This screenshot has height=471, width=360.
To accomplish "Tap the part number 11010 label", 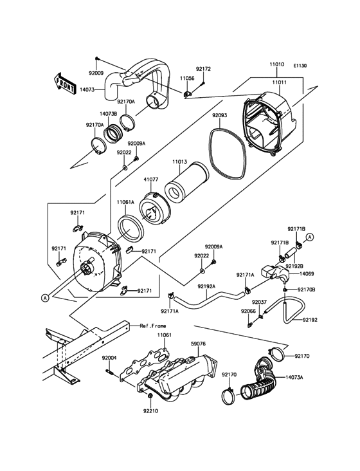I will pyautogui.click(x=277, y=66).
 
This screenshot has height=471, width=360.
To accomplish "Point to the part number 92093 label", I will pyautogui.click(x=220, y=116).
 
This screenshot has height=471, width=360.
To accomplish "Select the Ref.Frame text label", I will pyautogui.click(x=152, y=326).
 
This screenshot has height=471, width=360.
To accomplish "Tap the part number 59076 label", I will pyautogui.click(x=198, y=344).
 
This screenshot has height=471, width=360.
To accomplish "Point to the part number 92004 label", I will pyautogui.click(x=109, y=357).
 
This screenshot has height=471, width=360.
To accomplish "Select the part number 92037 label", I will pyautogui.click(x=259, y=301).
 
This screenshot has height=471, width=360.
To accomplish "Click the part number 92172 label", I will pyautogui.click(x=203, y=69).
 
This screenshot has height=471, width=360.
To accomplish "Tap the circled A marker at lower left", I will pyautogui.click(x=45, y=297).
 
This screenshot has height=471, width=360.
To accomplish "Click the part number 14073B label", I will pyautogui.click(x=107, y=113).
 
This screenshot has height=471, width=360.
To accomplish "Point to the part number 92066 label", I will pyautogui.click(x=248, y=311).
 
